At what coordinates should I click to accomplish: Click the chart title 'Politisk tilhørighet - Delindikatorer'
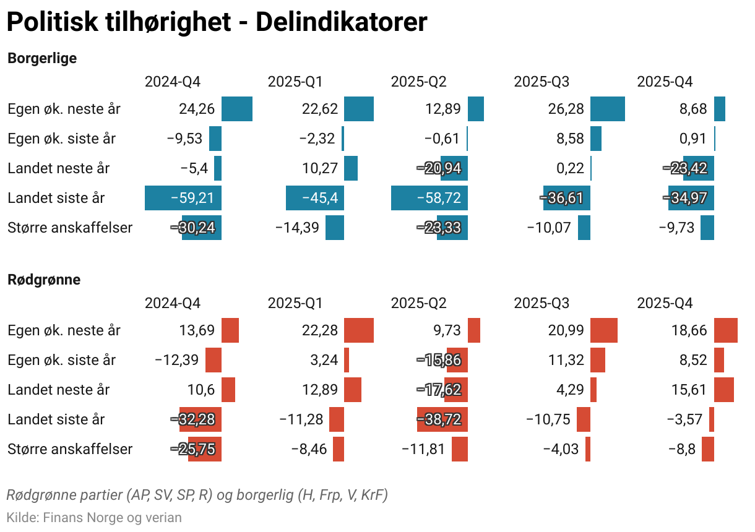(217, 23)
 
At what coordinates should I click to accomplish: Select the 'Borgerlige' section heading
(42, 58)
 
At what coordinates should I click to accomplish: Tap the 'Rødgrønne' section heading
(44, 280)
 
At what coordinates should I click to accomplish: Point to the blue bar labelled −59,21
(183, 198)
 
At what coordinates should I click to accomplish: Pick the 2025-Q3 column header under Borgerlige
(541, 82)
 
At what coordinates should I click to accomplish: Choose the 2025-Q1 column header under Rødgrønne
(295, 303)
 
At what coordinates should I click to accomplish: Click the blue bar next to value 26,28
(607, 109)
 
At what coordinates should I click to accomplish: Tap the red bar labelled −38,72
(442, 419)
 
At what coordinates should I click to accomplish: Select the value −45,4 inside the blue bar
(316, 198)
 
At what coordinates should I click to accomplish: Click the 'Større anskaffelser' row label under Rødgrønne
(70, 449)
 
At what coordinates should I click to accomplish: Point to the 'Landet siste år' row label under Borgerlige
(56, 198)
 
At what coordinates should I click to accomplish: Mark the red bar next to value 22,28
(358, 330)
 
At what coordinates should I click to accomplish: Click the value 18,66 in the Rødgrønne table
(689, 330)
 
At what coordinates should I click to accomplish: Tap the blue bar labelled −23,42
(691, 168)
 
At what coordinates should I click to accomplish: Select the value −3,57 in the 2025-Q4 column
(684, 419)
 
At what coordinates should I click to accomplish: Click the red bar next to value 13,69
(230, 330)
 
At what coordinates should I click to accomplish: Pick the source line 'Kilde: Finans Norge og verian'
(94, 517)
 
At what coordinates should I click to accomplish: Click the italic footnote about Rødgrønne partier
(197, 495)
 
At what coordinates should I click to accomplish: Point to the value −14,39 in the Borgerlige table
(297, 228)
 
